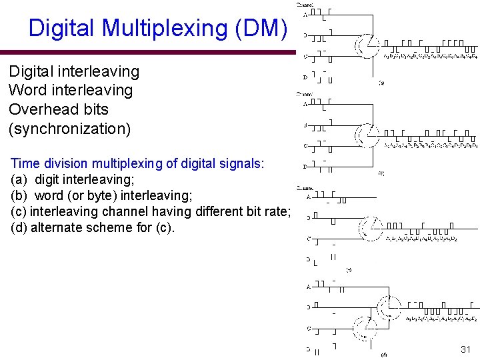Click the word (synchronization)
69,128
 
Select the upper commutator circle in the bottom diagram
388,307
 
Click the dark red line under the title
147,51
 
